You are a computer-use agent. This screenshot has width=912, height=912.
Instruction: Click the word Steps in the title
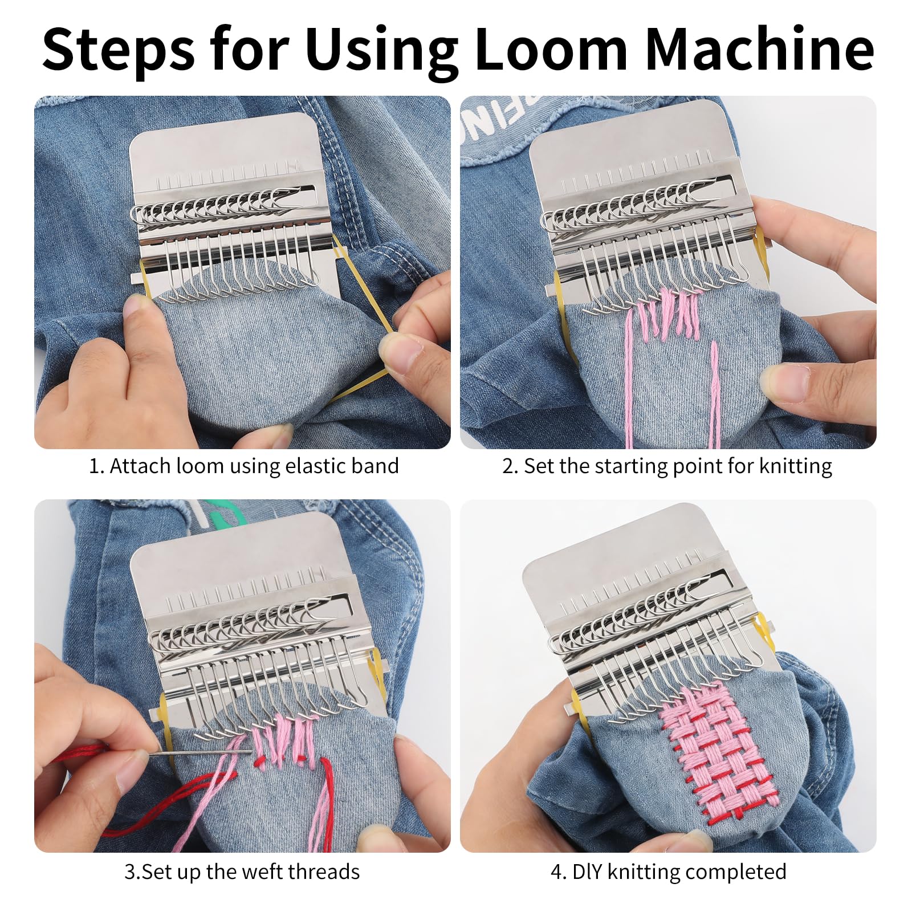(x=119, y=50)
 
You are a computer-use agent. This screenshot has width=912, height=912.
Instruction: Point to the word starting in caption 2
(x=631, y=467)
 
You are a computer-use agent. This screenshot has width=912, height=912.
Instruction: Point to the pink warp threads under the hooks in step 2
(x=667, y=313)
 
